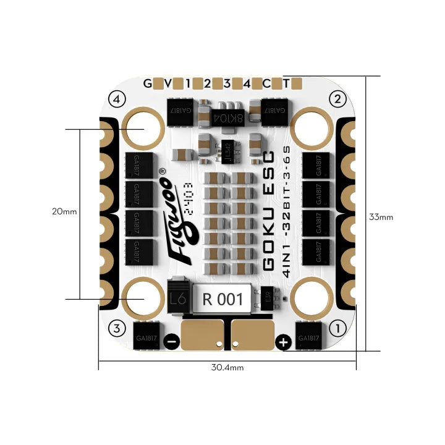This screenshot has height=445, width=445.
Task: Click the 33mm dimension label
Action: point(381,217)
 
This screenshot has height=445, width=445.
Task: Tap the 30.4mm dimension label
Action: point(227,367)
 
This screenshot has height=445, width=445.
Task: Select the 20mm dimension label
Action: point(64,211)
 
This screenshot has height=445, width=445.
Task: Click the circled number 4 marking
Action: point(116,98)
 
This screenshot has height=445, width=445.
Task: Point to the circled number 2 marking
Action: point(337,98)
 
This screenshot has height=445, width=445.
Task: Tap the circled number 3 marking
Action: point(116,328)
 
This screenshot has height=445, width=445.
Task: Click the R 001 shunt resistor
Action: point(222,300)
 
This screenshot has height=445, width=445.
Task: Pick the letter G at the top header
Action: point(147,83)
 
